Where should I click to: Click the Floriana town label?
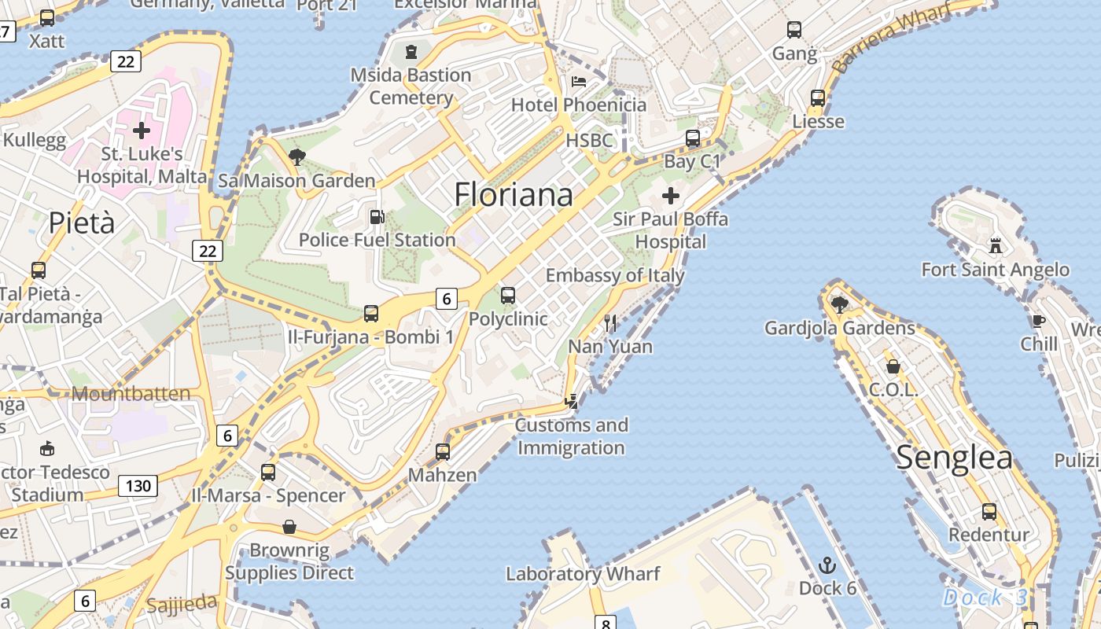click(x=514, y=194)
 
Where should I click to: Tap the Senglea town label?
click(x=954, y=458)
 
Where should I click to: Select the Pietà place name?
click(x=82, y=223)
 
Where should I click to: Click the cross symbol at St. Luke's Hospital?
click(x=142, y=130)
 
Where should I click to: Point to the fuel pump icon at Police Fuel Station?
click(x=377, y=216)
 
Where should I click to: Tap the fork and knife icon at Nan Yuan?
click(x=610, y=322)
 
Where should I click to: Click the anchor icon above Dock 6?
click(x=827, y=565)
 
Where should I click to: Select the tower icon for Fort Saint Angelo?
click(x=996, y=245)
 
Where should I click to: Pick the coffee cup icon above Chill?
click(x=1038, y=320)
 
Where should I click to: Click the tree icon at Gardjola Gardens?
click(x=839, y=304)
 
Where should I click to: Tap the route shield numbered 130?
click(x=138, y=486)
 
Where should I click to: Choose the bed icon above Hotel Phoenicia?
click(x=579, y=82)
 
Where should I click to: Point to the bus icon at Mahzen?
click(x=443, y=452)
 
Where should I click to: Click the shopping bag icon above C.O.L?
click(x=893, y=366)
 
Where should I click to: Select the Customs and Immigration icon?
click(x=572, y=402)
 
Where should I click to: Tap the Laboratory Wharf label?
click(x=583, y=574)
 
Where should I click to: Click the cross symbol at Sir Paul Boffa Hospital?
click(x=671, y=195)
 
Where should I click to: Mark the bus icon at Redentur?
click(x=989, y=512)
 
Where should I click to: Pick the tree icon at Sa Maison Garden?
click(x=296, y=157)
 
